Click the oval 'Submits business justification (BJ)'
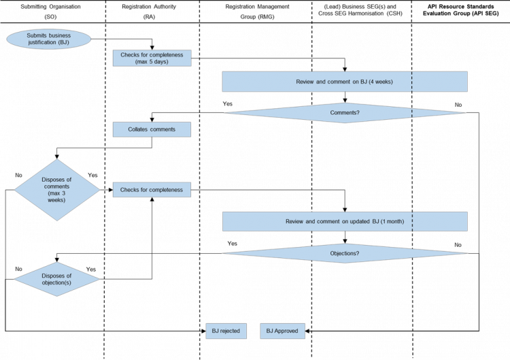(48, 39)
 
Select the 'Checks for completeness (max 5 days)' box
(152, 58)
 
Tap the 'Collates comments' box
(152, 129)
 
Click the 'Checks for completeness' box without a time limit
(152, 189)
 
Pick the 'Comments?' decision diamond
(345, 112)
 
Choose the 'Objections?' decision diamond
(345, 254)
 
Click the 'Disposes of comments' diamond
(57, 190)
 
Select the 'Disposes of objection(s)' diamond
(57, 279)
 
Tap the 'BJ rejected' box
(225, 331)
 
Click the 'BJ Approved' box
(282, 331)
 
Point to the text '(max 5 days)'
(152, 62)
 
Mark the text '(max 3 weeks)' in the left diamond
(57, 197)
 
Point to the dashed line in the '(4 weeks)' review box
(411, 82)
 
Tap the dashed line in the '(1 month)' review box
(411, 222)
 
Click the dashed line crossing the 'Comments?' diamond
(411, 112)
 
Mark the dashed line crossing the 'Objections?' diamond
(411, 254)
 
